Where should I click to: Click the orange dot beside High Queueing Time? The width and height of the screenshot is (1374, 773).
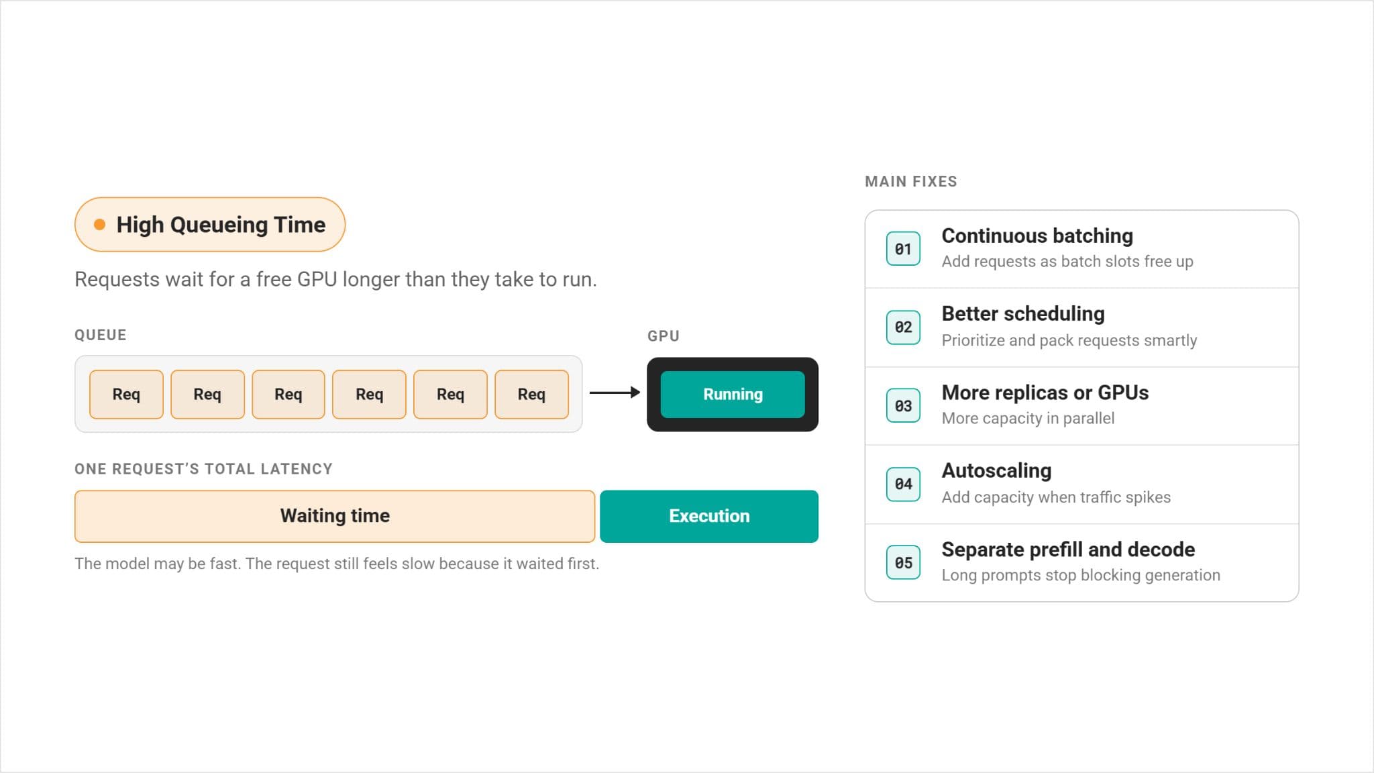coord(99,225)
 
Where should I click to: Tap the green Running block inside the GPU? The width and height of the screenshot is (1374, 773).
coord(733,395)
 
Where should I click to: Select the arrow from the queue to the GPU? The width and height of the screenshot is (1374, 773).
coord(615,393)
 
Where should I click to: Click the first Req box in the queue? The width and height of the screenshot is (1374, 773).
coord(126,395)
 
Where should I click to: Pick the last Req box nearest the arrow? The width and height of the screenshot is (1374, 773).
coord(531,395)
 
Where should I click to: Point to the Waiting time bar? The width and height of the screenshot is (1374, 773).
coord(335,516)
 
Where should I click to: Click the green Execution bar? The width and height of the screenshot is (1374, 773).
coord(709,516)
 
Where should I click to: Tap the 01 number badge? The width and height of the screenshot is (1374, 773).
coord(903,249)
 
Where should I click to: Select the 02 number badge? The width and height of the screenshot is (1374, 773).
coord(903,327)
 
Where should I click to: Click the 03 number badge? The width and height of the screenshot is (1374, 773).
coord(903,406)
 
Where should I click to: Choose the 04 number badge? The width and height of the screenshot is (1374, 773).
coord(903,484)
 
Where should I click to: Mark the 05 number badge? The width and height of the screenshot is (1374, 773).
coord(903,562)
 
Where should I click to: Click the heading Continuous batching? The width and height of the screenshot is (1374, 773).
coord(1037,236)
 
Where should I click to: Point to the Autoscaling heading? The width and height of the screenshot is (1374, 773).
coord(996,471)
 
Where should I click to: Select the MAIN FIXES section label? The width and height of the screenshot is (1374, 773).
coord(911,181)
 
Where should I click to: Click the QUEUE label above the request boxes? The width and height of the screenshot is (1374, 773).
coord(101,335)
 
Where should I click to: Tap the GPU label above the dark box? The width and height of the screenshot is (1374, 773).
coord(664,336)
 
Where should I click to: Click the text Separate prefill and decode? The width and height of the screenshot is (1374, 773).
coord(1068,550)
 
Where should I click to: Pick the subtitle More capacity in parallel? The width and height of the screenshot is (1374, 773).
coord(1028,419)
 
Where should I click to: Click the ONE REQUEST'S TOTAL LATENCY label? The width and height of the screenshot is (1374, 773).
coord(203,469)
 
